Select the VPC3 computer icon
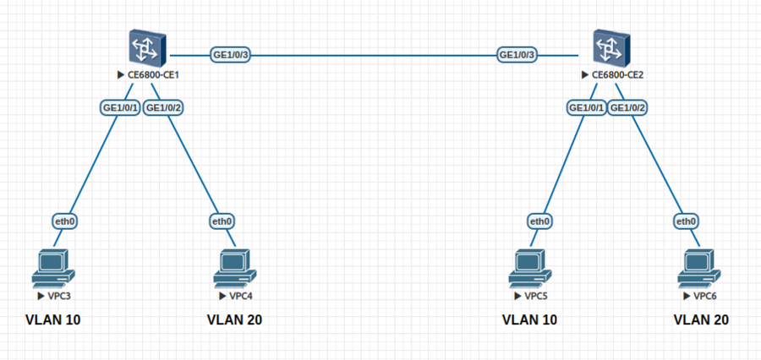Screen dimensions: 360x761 click(52, 268)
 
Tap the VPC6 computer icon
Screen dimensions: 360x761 click(700, 268)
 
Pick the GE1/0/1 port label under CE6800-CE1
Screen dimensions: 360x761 click(120, 108)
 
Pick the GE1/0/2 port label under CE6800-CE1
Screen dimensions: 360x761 click(164, 108)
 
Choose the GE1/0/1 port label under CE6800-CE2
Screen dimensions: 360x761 click(585, 108)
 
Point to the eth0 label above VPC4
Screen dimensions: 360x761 click(222, 221)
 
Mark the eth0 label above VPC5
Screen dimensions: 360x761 click(539, 221)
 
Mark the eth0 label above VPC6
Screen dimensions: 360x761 click(686, 221)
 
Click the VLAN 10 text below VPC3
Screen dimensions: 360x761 click(54, 320)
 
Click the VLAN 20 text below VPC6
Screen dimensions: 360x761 click(700, 320)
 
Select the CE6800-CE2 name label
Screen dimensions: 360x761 click(617, 75)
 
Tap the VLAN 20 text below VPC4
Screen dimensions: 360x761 click(235, 320)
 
